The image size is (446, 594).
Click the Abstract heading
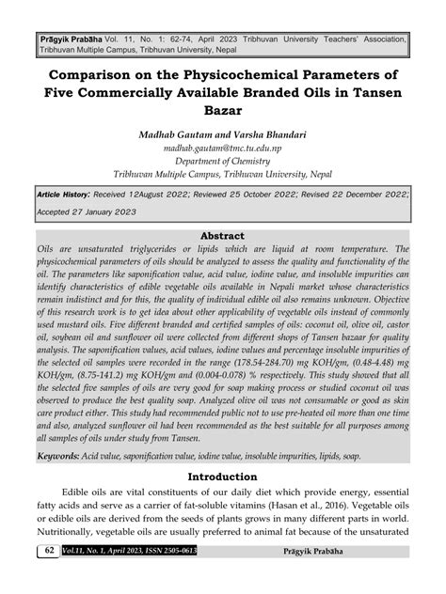pos(223,235)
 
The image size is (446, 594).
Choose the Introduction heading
pos(223,477)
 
